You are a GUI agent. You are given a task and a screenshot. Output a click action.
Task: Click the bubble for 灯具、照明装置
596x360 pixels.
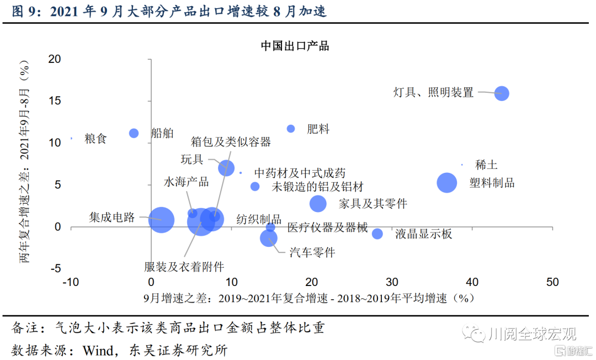coord(501,93)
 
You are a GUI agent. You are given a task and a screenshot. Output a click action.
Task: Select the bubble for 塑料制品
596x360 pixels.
coord(447,183)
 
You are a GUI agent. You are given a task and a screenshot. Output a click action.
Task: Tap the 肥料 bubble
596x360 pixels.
coord(291,129)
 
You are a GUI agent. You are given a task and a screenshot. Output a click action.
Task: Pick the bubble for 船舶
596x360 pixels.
coord(134,133)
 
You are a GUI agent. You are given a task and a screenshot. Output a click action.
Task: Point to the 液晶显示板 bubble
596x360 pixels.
coord(377,234)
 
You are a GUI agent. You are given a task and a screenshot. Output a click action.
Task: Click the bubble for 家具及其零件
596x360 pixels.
coord(318,204)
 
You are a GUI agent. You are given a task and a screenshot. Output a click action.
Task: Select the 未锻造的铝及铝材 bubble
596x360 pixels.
coord(255,187)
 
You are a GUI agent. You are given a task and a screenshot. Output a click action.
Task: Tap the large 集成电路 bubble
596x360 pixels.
coord(161,220)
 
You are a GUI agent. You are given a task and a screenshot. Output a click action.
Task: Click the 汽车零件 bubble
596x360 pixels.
coord(269,238)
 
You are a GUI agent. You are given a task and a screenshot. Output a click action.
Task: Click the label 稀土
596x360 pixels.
coord(486,165)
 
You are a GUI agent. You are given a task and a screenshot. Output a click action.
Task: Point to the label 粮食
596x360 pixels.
coord(95,138)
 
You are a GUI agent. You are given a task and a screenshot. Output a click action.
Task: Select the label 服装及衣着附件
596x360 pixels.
coord(184,267)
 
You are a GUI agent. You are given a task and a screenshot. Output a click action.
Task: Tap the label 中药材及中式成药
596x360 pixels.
coord(300,173)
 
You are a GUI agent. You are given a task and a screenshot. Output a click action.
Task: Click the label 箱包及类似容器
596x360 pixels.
coord(231,142)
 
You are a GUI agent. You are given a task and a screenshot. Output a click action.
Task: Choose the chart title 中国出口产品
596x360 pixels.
coord(295,46)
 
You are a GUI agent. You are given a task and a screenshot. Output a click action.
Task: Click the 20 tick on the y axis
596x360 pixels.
coord(54,59)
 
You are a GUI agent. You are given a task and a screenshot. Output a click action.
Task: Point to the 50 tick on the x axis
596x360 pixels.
coord(552,282)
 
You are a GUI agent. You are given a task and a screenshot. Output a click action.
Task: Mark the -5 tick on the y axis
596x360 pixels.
coord(55,269)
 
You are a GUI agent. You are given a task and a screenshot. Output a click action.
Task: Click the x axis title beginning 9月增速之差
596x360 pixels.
coord(308,298)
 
